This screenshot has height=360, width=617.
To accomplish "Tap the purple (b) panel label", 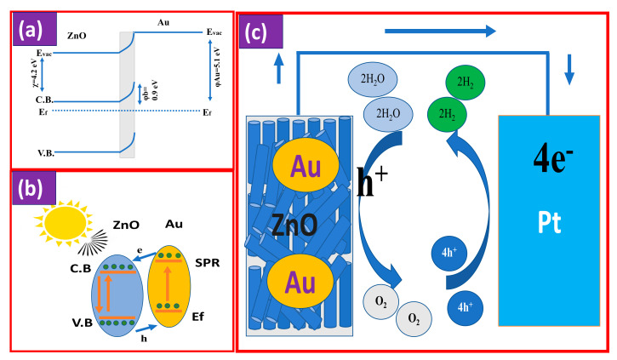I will (x=32, y=189).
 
